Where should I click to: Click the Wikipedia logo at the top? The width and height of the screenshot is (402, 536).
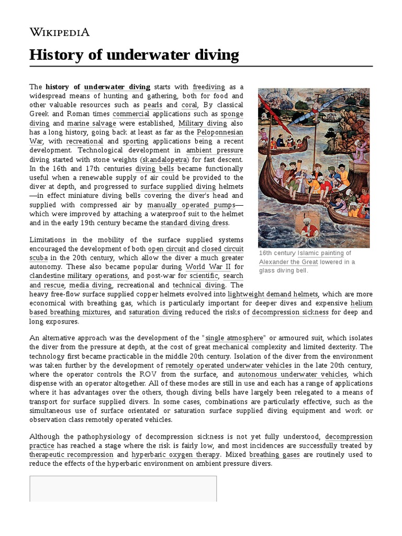click(x=60, y=32)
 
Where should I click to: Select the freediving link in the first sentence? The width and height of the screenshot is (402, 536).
click(x=209, y=86)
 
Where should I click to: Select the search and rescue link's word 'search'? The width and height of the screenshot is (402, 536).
click(x=233, y=276)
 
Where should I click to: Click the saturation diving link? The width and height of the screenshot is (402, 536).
click(x=155, y=312)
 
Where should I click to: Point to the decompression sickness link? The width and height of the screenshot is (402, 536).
click(x=290, y=312)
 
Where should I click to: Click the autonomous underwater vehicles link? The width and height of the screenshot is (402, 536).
click(x=292, y=374)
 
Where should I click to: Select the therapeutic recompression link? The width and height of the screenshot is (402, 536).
click(x=71, y=455)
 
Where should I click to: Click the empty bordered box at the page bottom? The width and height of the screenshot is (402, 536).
click(x=123, y=489)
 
